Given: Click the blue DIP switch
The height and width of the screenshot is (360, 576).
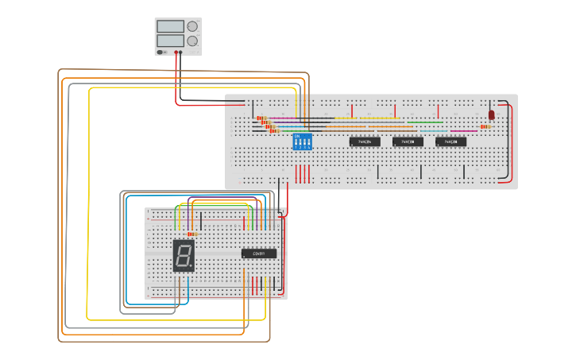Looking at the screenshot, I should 303,141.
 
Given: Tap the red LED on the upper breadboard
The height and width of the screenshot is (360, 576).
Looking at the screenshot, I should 491,115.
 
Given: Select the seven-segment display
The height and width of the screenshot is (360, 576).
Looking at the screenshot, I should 184,255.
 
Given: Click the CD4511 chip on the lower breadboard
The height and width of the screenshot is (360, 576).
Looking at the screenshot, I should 259,254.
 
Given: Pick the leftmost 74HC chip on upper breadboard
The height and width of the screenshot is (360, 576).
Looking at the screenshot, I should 364,142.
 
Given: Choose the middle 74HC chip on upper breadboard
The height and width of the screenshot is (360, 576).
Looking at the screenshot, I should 408,142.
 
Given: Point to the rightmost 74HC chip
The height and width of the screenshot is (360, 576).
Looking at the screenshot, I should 450,142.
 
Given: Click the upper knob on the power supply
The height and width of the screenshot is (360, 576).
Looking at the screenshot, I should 191,26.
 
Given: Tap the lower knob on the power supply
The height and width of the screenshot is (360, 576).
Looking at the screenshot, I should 191,41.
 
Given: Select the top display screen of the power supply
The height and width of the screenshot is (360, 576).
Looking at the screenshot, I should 171,26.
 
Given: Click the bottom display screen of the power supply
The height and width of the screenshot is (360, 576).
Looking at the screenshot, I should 171,41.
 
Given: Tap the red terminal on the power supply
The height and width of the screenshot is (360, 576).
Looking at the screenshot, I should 176,53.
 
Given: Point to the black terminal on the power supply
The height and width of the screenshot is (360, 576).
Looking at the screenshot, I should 181,53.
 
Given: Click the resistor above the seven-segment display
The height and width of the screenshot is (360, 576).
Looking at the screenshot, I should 190,234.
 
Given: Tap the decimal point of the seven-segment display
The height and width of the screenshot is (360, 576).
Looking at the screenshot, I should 191,267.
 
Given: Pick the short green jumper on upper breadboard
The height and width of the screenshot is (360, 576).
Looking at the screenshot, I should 426,122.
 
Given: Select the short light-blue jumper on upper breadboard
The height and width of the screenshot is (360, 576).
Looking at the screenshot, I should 434,131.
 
